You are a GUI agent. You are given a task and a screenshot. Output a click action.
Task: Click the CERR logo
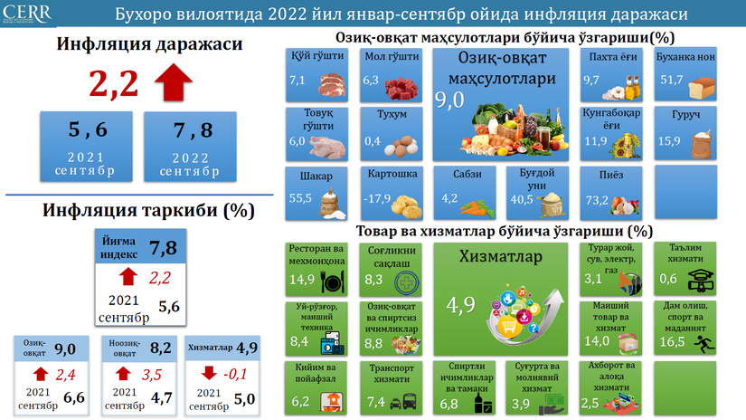[x=27, y=14]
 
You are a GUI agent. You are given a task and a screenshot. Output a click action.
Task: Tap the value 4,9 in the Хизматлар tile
[x=460, y=305]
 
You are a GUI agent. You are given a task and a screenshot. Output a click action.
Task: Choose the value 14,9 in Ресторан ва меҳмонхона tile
[x=302, y=279]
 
